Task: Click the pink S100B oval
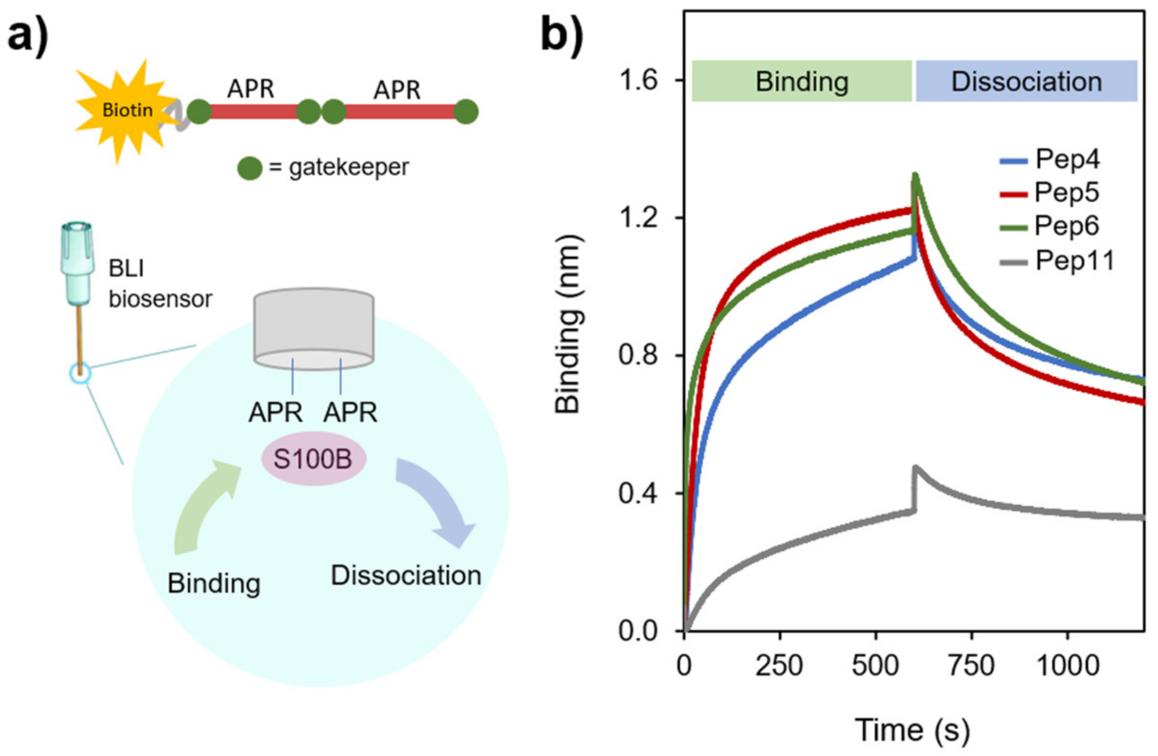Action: coord(313,459)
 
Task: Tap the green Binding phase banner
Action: coord(801,81)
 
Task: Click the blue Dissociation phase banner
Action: coord(1026,81)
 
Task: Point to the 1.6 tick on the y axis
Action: coord(637,81)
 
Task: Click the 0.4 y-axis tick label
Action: coord(637,493)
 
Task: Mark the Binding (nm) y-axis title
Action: coord(568,324)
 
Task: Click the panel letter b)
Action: coord(562,35)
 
